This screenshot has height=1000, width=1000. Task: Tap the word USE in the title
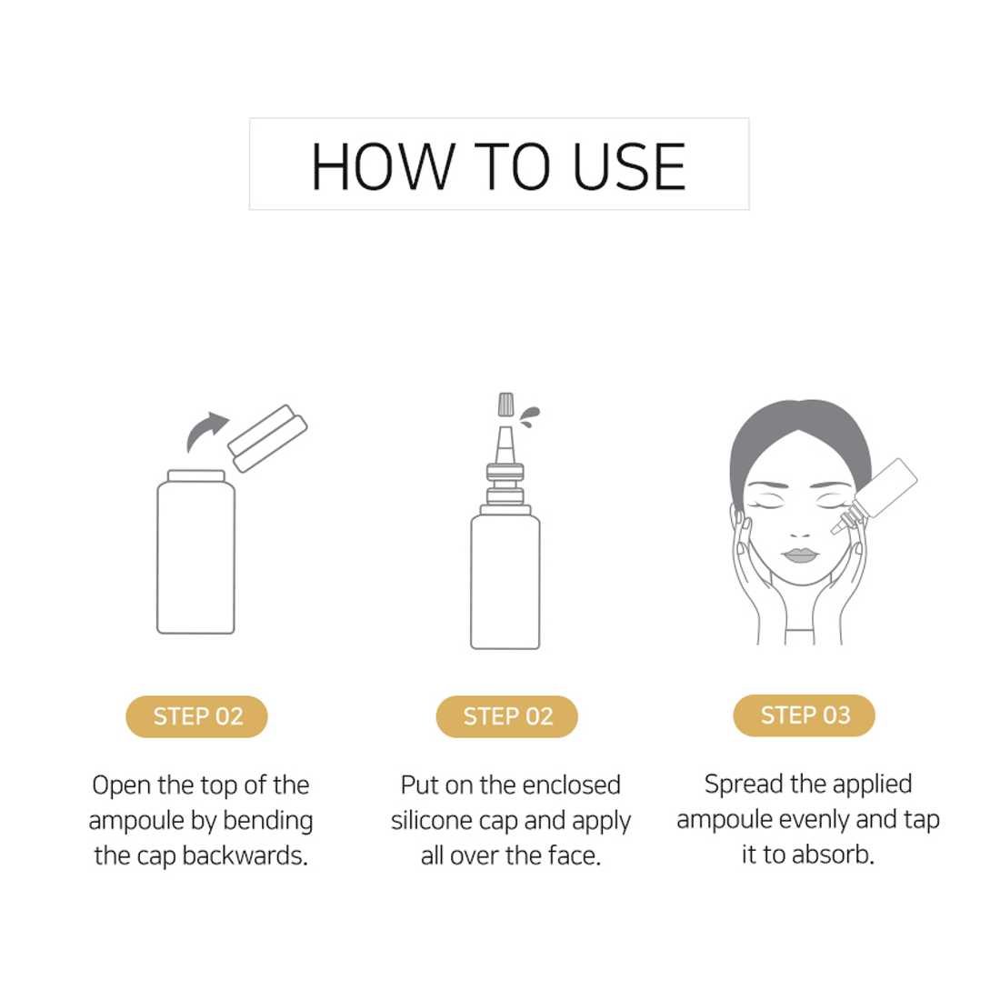click(x=629, y=166)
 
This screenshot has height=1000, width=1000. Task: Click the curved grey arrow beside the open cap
click(x=206, y=430)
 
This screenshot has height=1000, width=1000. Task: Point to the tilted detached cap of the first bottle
click(x=268, y=438)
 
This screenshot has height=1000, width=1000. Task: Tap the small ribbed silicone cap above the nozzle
click(x=505, y=405)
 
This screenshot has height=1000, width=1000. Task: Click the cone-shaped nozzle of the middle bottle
click(x=505, y=445)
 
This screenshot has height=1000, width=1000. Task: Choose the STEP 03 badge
click(x=805, y=715)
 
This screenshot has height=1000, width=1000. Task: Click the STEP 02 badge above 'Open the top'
click(x=196, y=716)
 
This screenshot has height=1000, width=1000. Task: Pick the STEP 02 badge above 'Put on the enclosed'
click(x=507, y=716)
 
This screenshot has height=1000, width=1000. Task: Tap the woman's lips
click(x=800, y=555)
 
